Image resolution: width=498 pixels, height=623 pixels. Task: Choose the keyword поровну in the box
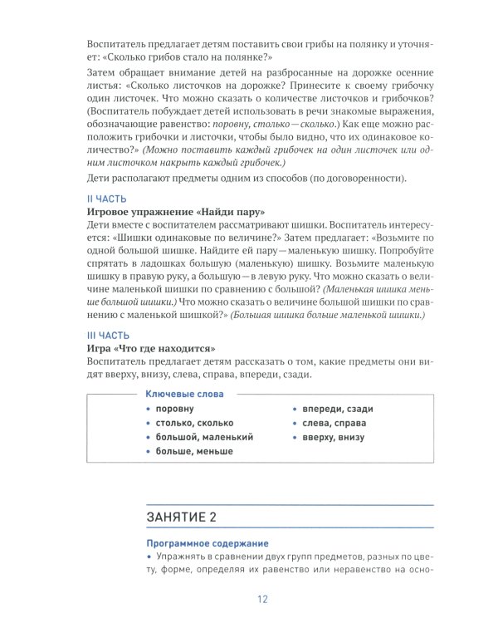tap(175, 410)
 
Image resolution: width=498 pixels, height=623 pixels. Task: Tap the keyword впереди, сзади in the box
tap(343, 410)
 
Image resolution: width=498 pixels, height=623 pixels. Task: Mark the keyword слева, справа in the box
tap(340, 423)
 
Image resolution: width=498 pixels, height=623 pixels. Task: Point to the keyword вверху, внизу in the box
tap(340, 437)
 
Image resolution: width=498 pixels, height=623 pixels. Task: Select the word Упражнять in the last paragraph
tap(183, 557)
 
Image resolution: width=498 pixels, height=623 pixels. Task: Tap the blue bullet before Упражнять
tap(148, 557)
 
